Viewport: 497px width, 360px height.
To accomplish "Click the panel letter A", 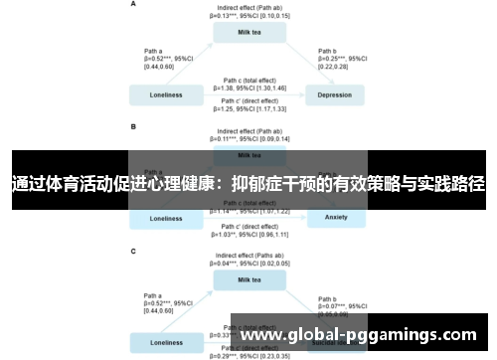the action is click(133, 5).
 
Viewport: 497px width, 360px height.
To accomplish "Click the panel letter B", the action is click(133, 127).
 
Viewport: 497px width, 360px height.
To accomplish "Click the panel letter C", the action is click(133, 251).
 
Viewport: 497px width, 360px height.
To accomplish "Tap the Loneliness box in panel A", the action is click(165, 95).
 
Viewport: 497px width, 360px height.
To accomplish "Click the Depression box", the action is click(334, 95).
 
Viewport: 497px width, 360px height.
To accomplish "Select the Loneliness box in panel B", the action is click(165, 217).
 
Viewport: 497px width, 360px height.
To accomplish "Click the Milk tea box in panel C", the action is click(250, 279).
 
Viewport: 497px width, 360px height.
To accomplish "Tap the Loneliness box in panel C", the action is click(165, 342).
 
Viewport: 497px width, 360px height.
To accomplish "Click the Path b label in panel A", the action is click(327, 51).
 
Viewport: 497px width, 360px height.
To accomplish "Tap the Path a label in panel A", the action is click(153, 51).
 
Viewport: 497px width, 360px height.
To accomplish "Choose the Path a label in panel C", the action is click(153, 295).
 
